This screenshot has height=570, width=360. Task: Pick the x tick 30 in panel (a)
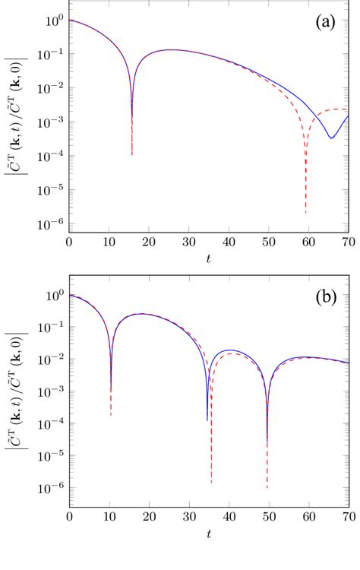(x=189, y=242)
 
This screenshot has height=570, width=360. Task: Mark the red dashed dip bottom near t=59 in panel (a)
(x=306, y=213)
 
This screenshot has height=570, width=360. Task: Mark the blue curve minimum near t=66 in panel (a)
(x=331, y=138)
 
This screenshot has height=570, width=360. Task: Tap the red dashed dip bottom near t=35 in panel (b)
(x=211, y=482)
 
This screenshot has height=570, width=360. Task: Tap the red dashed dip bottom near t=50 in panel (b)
(x=267, y=487)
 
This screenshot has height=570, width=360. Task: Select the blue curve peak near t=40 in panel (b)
(x=229, y=350)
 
